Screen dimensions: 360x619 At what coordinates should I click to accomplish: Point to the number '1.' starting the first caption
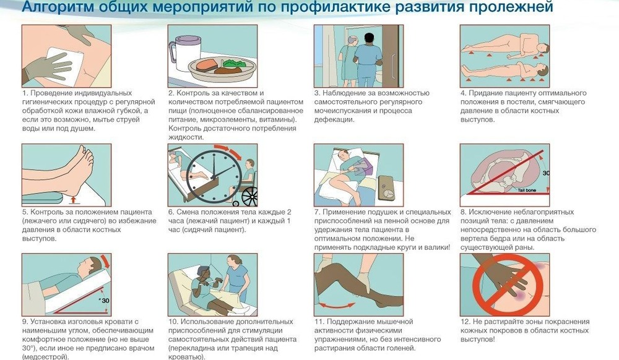25,93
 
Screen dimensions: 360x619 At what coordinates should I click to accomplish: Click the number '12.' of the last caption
465,322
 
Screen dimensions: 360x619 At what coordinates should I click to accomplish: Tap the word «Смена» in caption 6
192,212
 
